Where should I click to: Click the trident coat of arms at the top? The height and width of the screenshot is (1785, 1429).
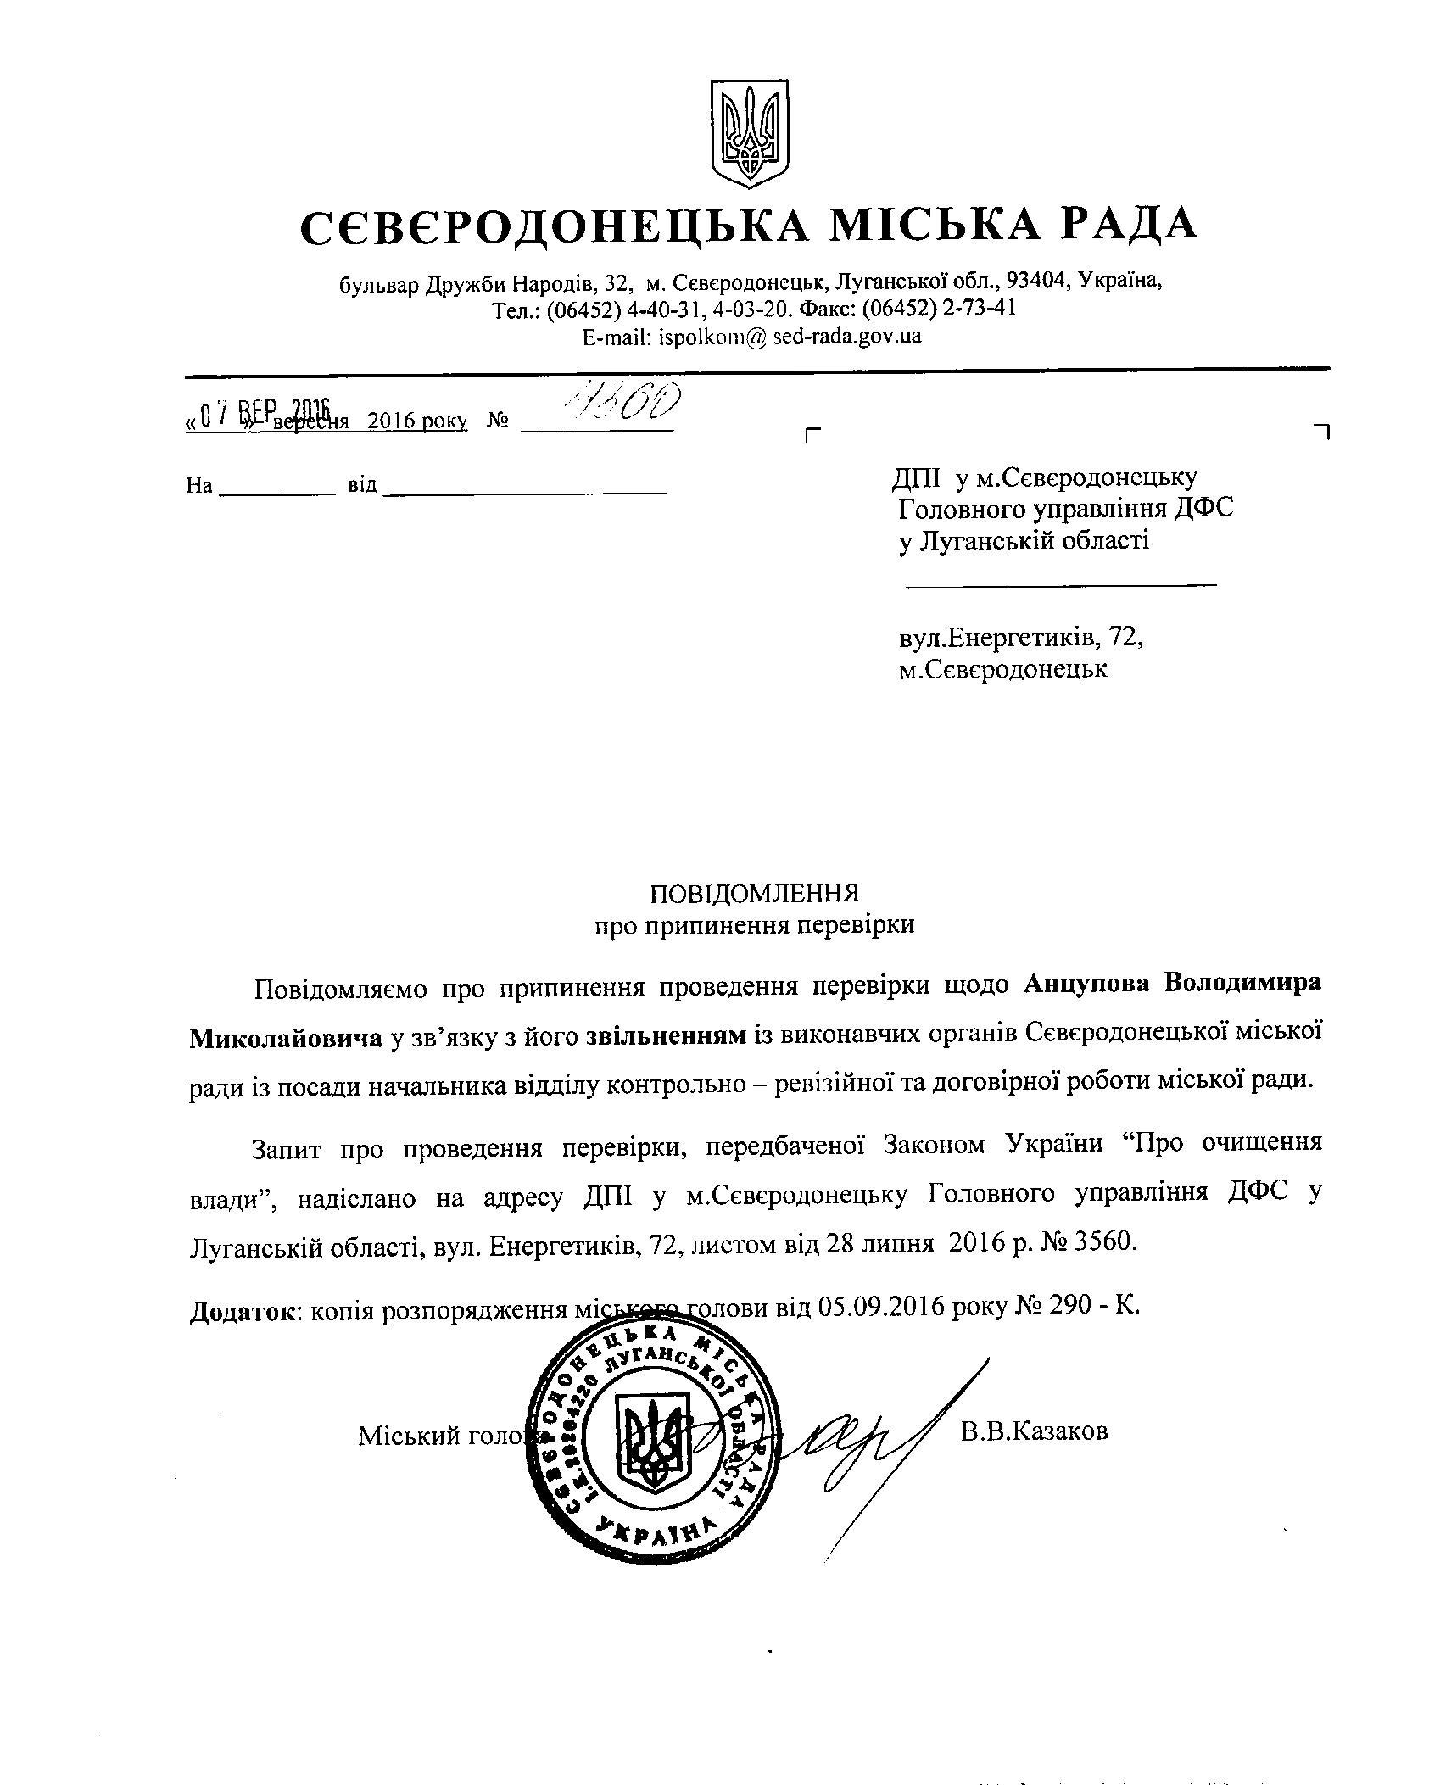tap(749, 133)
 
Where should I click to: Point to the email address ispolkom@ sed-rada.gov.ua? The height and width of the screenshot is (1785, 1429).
tap(751, 337)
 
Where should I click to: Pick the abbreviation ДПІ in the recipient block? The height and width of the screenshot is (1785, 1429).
tap(917, 478)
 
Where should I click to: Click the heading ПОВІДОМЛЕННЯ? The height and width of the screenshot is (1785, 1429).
tap(754, 894)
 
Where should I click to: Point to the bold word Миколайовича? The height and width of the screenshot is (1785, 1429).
tap(285, 1037)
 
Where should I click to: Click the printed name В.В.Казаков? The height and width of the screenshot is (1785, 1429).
tap(1034, 1432)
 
